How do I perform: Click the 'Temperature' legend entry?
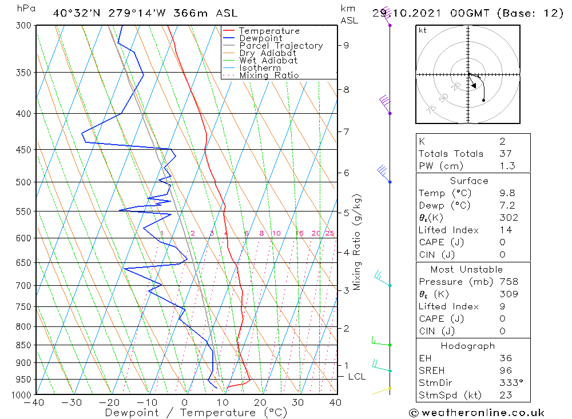[268, 31]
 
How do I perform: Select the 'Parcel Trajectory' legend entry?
[280, 46]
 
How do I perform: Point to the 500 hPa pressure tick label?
[23, 182]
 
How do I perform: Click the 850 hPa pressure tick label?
[23, 345]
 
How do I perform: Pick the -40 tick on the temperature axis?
[35, 402]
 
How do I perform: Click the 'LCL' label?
[356, 376]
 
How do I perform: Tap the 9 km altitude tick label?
[347, 45]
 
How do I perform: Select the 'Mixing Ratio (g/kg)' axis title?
[357, 242]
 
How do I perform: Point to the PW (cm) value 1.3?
[507, 166]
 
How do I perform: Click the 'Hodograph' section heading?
[468, 346]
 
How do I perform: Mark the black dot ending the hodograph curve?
[484, 101]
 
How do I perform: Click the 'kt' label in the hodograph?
[423, 30]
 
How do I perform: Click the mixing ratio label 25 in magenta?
[329, 233]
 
